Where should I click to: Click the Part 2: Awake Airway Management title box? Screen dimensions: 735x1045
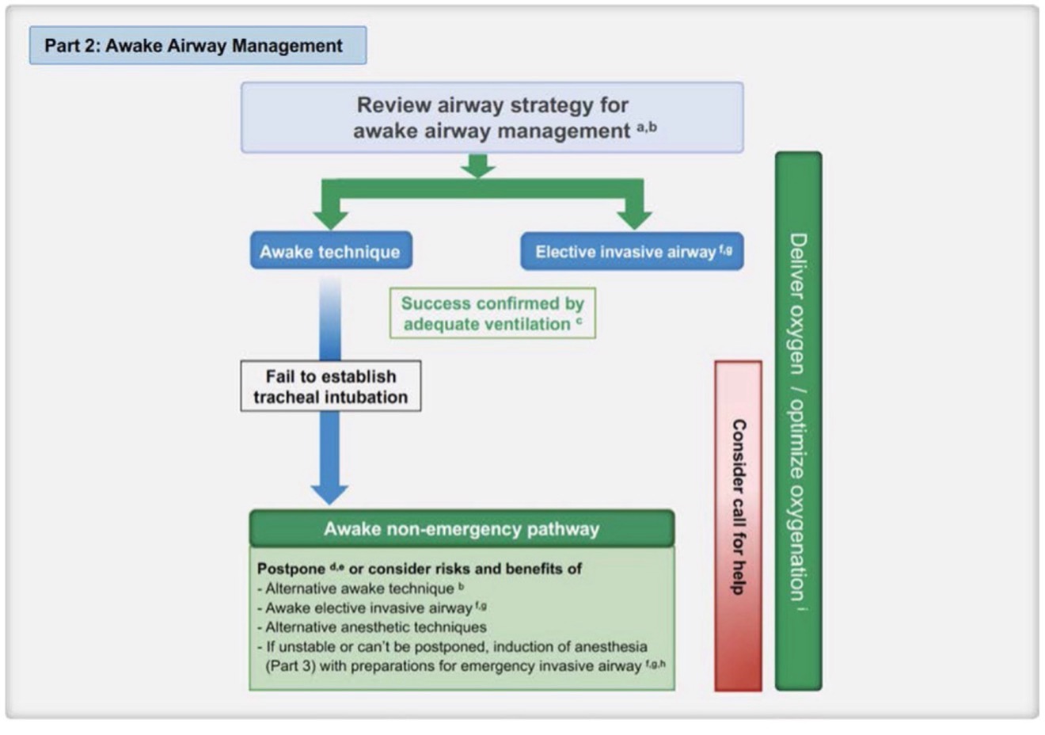(197, 46)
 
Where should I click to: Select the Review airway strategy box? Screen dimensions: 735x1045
(492, 117)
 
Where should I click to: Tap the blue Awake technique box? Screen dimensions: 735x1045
(330, 252)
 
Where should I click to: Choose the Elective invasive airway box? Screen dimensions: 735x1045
(632, 252)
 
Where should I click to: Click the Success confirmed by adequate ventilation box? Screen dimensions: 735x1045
(492, 314)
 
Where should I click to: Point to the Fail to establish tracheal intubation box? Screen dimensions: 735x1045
(331, 387)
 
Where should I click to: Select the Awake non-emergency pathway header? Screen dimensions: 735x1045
(462, 529)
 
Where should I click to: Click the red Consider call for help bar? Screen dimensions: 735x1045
(738, 526)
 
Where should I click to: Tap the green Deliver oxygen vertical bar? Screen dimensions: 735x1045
(798, 420)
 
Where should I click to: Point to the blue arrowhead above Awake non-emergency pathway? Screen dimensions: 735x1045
(329, 491)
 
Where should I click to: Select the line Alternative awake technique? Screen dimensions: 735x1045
(359, 588)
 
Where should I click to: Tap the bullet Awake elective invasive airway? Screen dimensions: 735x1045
(369, 608)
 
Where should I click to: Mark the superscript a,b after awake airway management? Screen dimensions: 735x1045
(647, 127)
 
